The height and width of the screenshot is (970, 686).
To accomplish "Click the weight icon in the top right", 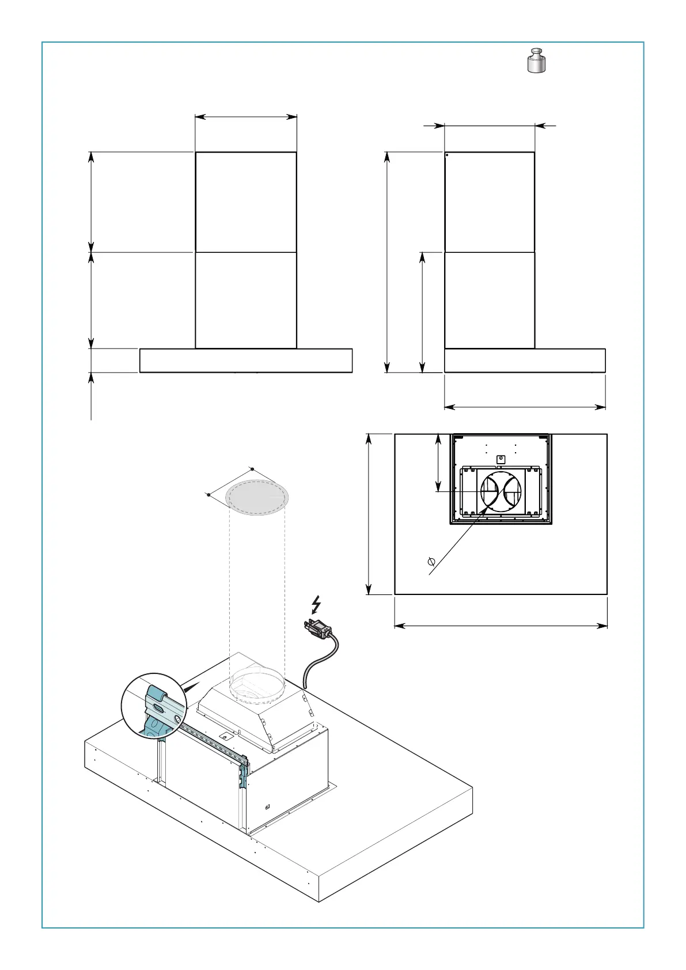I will click(x=537, y=61).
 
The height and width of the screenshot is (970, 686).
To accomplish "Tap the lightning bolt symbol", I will click(x=316, y=604).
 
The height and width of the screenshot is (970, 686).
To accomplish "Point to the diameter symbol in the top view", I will click(x=431, y=561).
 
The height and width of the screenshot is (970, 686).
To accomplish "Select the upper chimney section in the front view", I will click(x=246, y=202).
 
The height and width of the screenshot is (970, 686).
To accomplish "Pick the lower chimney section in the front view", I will click(x=246, y=300).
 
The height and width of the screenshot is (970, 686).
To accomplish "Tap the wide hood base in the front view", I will click(x=246, y=361).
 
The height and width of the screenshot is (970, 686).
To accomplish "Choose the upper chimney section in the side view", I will click(x=490, y=202).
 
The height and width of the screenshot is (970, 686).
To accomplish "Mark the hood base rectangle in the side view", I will click(x=525, y=361).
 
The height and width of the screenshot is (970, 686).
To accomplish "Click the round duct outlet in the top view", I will click(x=501, y=492).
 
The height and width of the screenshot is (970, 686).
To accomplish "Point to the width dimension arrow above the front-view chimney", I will click(x=246, y=117).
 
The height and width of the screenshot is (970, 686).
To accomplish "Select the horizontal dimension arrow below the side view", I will click(x=525, y=407).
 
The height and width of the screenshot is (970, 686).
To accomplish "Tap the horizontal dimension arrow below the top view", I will click(x=501, y=626).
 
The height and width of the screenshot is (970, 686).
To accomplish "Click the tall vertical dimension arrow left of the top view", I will click(x=369, y=514).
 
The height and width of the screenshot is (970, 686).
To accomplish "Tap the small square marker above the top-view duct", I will click(x=501, y=459).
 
